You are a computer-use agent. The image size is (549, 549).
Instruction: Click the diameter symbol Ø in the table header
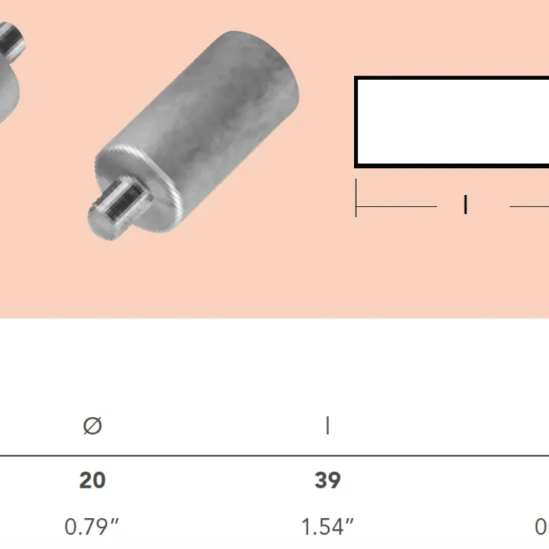click(x=92, y=426)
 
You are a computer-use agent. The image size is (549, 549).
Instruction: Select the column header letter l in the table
click(x=327, y=426)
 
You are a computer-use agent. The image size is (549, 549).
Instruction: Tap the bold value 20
click(x=92, y=480)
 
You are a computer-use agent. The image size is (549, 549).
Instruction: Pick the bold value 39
click(x=327, y=480)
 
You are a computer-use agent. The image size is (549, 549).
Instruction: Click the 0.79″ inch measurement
click(x=92, y=528)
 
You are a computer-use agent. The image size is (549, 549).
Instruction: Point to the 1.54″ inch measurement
click(x=327, y=528)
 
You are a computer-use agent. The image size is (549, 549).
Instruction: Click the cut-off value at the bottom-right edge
click(x=543, y=528)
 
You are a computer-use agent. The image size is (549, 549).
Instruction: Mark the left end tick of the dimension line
click(x=356, y=199)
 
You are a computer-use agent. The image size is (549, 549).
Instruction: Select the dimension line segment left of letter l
click(x=397, y=207)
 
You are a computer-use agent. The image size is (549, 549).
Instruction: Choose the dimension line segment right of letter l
click(x=529, y=207)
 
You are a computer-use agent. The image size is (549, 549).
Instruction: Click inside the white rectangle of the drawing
click(x=450, y=122)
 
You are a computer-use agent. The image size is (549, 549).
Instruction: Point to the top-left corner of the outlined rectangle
click(x=357, y=78)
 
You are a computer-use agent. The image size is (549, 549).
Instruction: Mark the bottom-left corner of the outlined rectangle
click(x=357, y=165)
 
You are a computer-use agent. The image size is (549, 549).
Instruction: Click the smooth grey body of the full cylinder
click(x=222, y=107)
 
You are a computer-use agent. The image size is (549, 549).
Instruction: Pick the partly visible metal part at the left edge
click(x=11, y=57)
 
